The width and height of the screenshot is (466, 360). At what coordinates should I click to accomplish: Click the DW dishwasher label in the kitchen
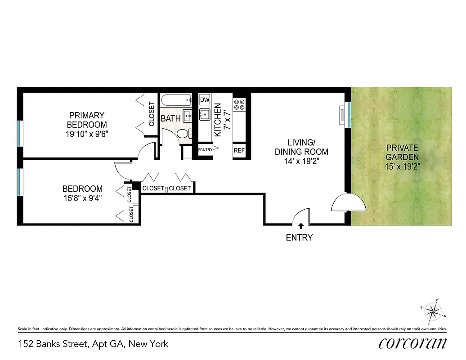[205, 100]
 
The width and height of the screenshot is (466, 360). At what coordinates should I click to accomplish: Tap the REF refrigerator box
[239, 150]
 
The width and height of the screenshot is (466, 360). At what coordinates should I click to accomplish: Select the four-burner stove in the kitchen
[239, 104]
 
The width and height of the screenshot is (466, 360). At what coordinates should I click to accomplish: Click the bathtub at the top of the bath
[176, 100]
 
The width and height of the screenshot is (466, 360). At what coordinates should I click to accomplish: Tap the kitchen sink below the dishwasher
[205, 115]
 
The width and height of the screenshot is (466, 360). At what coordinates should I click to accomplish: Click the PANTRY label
[205, 150]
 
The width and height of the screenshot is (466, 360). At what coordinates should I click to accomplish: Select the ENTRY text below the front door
[299, 238]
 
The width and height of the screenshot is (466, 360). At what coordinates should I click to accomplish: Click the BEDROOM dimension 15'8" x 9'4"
[82, 198]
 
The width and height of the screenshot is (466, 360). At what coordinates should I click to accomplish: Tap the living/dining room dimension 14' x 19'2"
[301, 161]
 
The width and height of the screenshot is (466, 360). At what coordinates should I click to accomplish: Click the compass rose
[433, 311]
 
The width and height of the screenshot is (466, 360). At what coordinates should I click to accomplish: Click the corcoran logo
[412, 343]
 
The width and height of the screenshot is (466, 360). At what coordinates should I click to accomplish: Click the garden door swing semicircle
[349, 203]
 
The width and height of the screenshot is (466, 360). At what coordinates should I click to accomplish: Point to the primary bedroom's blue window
[19, 133]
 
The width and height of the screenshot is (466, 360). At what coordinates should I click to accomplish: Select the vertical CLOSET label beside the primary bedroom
[152, 114]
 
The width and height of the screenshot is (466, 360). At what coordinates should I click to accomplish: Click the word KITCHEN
[218, 120]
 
